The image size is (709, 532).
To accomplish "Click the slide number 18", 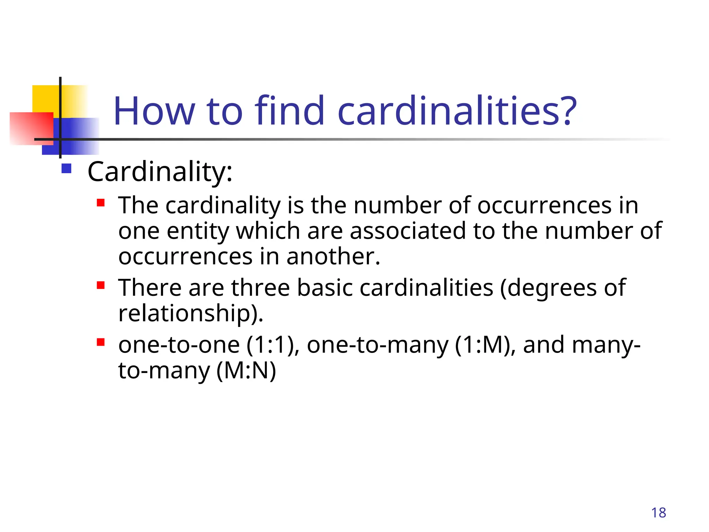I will (x=658, y=513).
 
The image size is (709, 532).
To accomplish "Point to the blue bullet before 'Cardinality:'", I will (x=66, y=169).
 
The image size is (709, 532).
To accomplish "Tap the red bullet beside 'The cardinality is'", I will (x=101, y=203).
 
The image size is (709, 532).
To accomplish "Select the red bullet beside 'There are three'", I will (x=101, y=285).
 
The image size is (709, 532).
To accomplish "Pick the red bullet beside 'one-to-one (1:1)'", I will (x=101, y=342).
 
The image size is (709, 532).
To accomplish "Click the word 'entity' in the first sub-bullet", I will (x=198, y=231).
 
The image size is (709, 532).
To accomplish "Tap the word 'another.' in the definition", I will (x=333, y=257).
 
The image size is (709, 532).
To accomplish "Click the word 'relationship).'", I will (x=191, y=313).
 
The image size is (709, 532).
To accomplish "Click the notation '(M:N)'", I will (x=246, y=371).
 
